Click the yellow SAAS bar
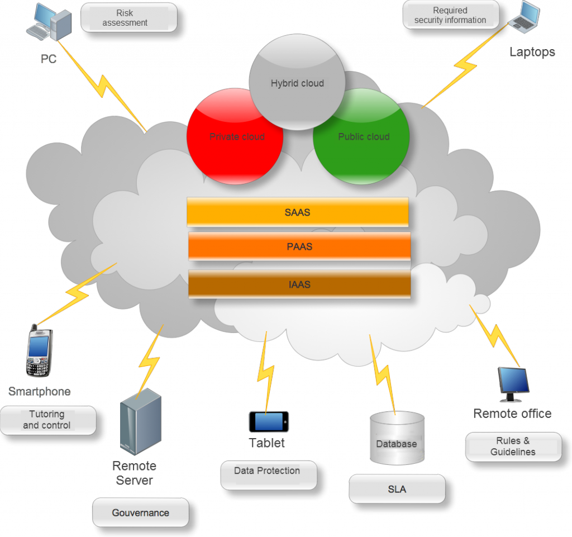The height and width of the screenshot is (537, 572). pos(297,212)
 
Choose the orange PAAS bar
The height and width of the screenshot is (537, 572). pos(299,246)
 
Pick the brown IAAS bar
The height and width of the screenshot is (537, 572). pos(299,284)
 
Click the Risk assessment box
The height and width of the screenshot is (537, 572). pos(128,18)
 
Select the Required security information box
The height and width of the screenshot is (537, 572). pos(450,15)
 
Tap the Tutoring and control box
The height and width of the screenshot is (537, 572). pos(47,420)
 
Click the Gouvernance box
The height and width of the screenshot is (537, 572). pos(140,512)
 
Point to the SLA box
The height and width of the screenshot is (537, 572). pos(397,489)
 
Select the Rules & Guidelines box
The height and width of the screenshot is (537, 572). pos(513,447)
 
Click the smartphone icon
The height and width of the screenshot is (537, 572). pos(39,352)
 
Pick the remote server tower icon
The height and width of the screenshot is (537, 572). pos(140,422)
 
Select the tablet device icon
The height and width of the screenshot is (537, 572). pos(269,421)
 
